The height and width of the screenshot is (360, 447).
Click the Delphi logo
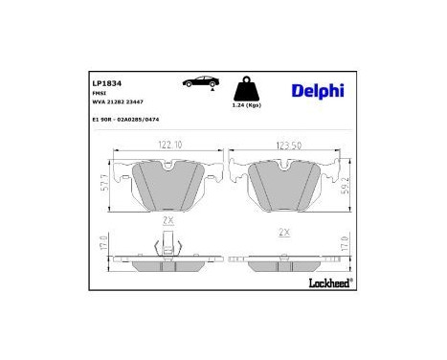(318, 91)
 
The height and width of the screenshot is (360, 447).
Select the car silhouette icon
(199, 83)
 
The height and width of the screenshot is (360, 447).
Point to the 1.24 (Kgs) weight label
(247, 105)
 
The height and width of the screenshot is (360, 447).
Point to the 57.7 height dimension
(104, 184)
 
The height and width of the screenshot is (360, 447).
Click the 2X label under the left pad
(168, 220)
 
